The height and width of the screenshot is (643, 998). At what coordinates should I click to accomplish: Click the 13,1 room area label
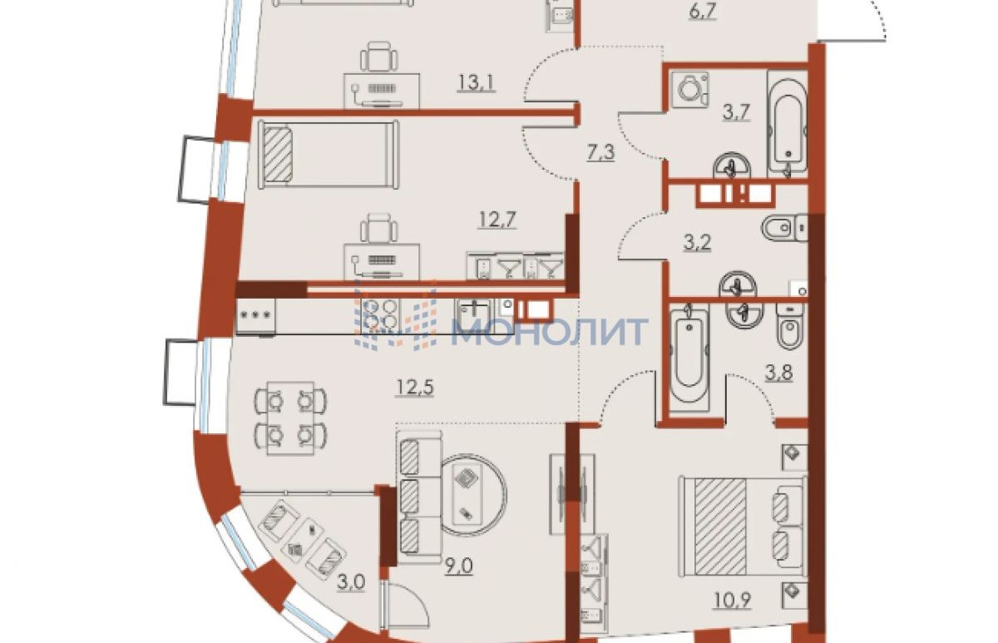[x=477, y=83]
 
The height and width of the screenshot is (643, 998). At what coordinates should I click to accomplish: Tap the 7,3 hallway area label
[x=600, y=152]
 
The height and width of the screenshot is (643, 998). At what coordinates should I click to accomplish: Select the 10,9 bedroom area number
[x=732, y=601]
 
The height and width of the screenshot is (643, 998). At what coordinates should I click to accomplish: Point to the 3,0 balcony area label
[x=351, y=582]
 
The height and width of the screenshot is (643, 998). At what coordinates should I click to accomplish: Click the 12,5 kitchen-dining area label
[x=414, y=388]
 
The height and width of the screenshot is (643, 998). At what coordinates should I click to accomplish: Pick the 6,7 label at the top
[x=702, y=11]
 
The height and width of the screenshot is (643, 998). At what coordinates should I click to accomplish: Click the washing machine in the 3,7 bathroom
[x=690, y=90]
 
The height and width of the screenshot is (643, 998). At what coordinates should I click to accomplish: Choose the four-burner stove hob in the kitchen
[x=380, y=314]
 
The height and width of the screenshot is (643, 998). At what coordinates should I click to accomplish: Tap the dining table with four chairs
[x=290, y=418]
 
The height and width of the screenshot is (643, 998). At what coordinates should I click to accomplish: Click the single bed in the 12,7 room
[x=329, y=155]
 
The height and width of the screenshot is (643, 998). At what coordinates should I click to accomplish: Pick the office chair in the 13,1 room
[x=378, y=56]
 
